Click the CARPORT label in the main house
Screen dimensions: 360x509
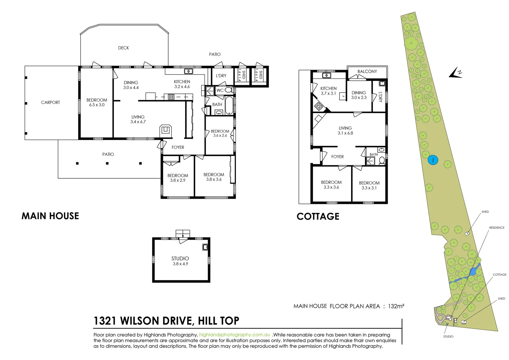click(x=50, y=102)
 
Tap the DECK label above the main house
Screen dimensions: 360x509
click(x=123, y=48)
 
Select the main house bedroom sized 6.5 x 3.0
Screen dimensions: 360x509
click(x=97, y=102)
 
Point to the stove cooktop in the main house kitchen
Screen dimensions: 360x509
click(x=171, y=97)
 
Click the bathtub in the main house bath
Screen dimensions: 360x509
click(x=230, y=105)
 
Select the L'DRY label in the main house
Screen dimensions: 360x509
click(x=221, y=76)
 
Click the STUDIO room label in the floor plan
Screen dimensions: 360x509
click(x=180, y=258)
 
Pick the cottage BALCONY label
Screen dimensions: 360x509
click(x=367, y=71)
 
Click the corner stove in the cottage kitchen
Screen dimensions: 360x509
click(x=318, y=107)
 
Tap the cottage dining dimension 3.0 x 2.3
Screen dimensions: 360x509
click(x=358, y=98)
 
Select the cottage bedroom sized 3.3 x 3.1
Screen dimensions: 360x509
click(x=369, y=185)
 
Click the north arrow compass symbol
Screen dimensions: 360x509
click(x=455, y=73)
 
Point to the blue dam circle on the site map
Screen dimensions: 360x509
click(x=433, y=160)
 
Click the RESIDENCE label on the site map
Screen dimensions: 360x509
click(x=496, y=228)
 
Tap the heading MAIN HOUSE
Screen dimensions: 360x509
click(x=50, y=216)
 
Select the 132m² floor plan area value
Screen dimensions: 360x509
click(x=396, y=306)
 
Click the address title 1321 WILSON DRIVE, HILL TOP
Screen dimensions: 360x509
click(x=166, y=321)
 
